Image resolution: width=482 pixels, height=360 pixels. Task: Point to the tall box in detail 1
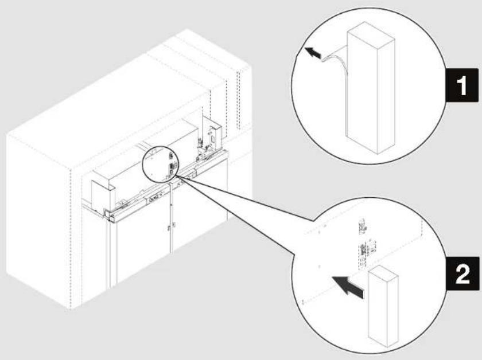pyautogui.click(x=368, y=89)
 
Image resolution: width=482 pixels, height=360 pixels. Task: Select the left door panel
pyautogui.click(x=141, y=246)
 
